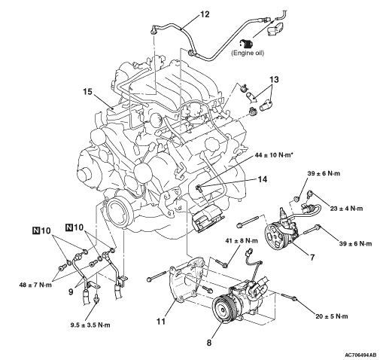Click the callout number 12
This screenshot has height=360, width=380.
205,14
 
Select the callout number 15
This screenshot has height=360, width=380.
88,92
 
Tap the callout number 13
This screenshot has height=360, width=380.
274,80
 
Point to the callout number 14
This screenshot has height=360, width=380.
263,179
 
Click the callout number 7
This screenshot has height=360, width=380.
312,258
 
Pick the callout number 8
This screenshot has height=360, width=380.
209,343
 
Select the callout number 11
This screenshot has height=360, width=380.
161,321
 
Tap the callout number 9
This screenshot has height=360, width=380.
71,292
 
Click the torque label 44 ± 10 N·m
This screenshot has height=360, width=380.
273,155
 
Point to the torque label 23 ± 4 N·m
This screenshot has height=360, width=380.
347,208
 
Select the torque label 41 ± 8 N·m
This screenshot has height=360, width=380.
242,241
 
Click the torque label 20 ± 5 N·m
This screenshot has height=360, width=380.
332,316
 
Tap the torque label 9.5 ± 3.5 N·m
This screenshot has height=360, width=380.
90,325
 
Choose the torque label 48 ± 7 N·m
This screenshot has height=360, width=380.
35,285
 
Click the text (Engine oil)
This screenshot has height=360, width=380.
248,53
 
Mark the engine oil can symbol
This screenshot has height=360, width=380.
246,44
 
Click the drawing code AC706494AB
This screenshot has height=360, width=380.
360,355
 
